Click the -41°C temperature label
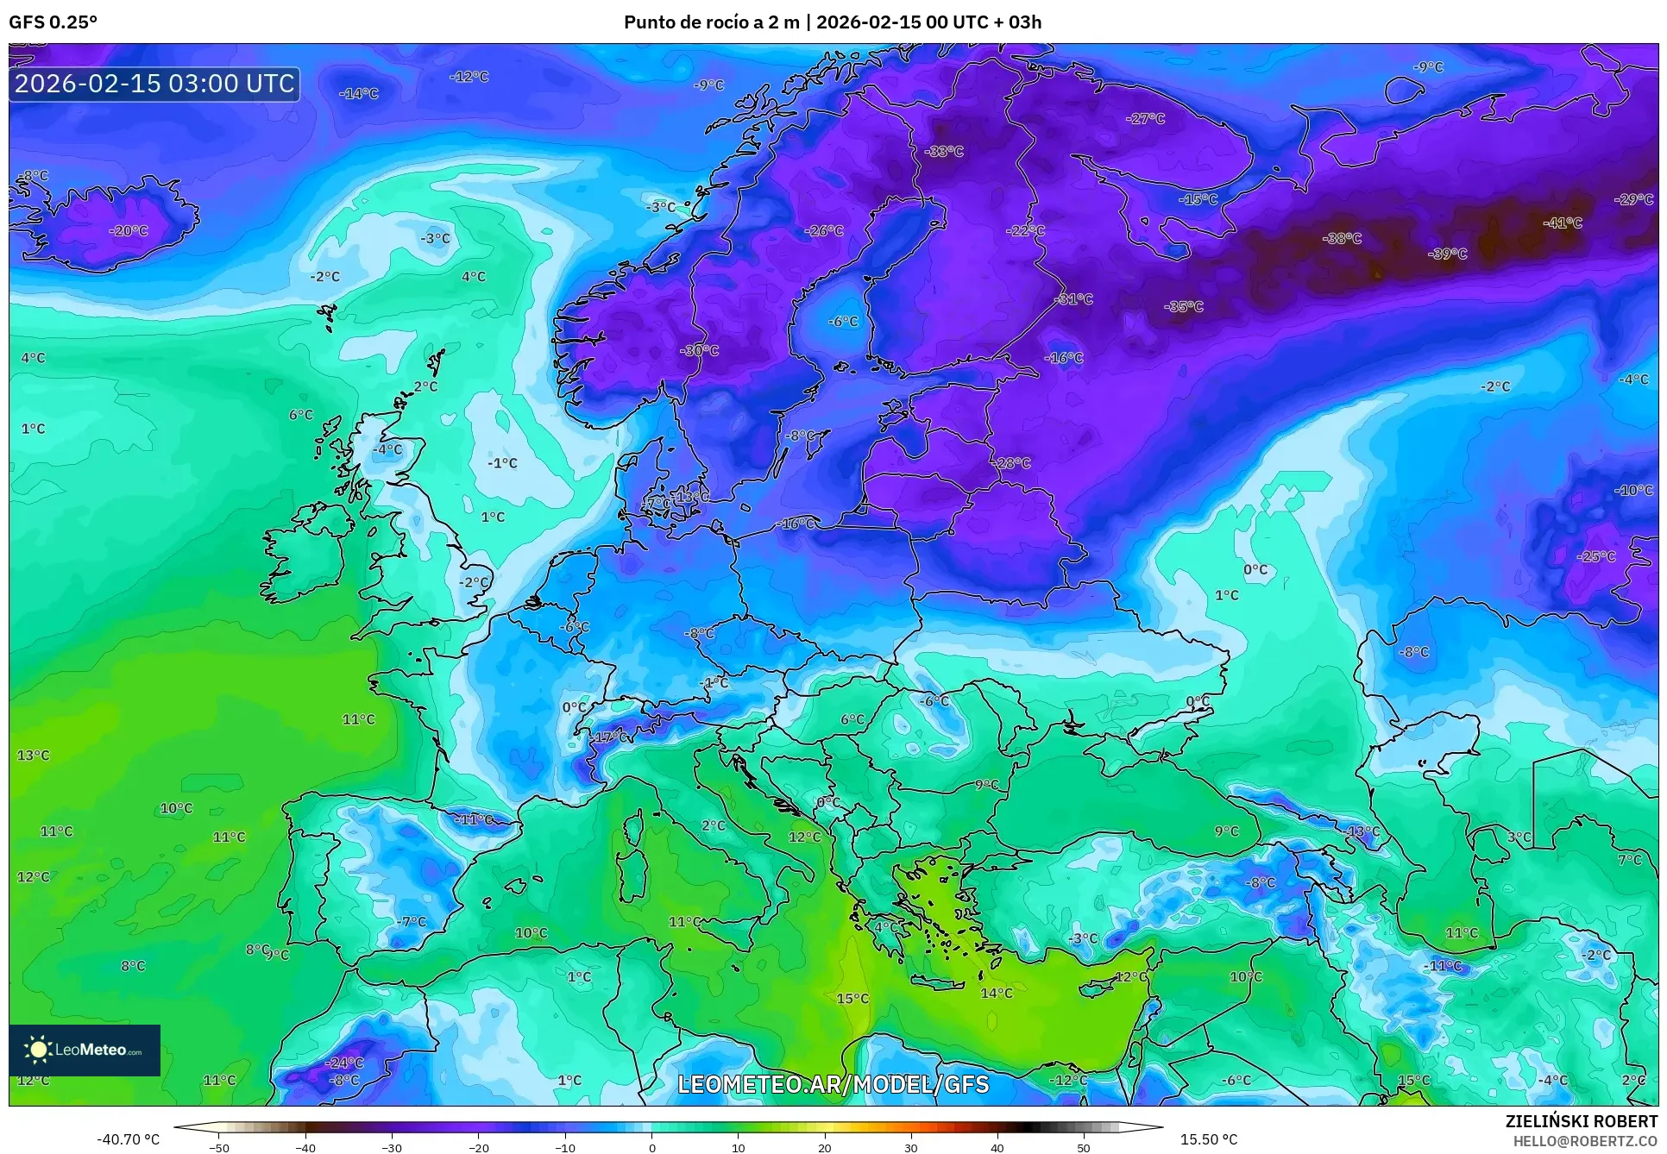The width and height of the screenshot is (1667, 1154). point(1563,223)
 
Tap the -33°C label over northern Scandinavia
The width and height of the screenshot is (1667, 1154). point(944,151)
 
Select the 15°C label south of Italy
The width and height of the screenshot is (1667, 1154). point(852,998)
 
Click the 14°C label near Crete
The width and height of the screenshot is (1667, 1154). point(996,993)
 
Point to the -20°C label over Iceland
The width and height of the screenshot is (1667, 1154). point(129,230)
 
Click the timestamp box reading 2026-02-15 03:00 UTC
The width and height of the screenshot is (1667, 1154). point(154,84)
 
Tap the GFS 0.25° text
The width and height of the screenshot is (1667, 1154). point(53,22)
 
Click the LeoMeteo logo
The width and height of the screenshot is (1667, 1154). point(85,1050)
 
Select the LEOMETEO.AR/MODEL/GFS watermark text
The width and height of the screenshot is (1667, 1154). point(833,1084)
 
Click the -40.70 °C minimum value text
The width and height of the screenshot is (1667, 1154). point(128,1139)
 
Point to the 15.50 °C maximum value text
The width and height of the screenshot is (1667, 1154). point(1208,1139)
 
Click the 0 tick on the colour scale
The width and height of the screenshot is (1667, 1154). point(651,1147)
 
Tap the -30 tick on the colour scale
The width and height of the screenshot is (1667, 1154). point(392,1147)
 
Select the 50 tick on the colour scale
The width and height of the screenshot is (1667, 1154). point(1084,1147)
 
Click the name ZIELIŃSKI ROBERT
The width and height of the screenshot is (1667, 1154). point(1581,1121)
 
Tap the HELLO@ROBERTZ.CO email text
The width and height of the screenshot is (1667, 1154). point(1585,1141)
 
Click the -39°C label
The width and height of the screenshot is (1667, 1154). point(1447,254)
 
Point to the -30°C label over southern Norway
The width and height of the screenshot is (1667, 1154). point(699,350)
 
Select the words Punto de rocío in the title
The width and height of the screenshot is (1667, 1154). point(687,22)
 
